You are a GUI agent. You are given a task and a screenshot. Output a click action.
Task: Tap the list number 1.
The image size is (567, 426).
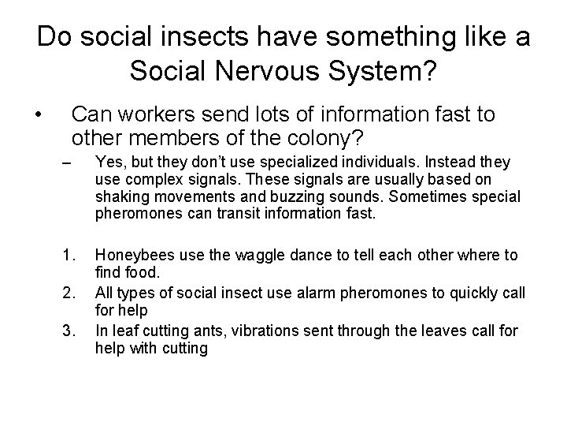pos(69,255)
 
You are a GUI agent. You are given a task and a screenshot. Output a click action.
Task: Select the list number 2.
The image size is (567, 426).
pos(69,293)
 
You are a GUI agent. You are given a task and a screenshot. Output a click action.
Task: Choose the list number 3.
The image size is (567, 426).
pos(69,331)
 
